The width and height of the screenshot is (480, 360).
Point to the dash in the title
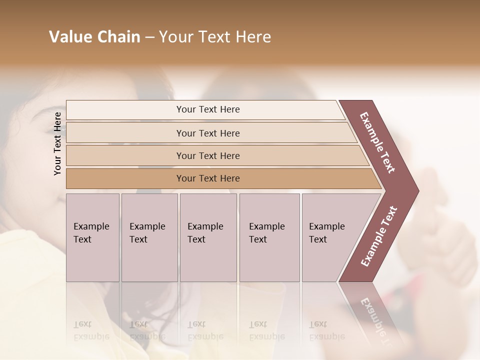(149, 37)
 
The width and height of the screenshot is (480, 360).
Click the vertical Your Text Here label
(57, 143)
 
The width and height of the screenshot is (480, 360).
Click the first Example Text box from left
(92, 237)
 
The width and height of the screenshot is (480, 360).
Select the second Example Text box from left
(149, 237)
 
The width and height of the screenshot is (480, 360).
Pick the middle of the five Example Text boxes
(208, 237)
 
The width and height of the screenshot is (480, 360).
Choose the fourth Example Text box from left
(269, 237)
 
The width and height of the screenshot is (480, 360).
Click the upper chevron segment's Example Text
(377, 142)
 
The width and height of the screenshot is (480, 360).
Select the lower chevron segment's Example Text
(378, 236)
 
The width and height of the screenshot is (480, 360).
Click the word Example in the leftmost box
(91, 226)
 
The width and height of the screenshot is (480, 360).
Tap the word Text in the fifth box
(318, 239)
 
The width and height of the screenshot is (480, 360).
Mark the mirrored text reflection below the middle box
(205, 330)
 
